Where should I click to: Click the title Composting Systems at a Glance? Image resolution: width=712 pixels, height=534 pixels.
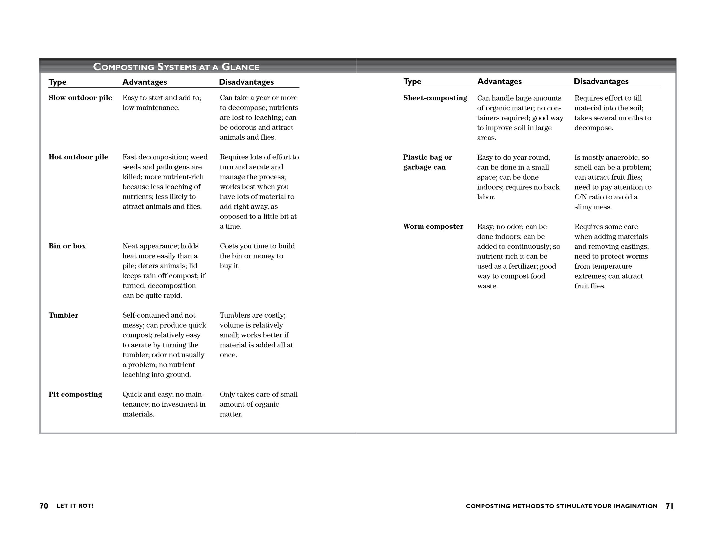coord(176,67)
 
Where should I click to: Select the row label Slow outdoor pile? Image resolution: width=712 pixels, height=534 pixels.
coord(80,98)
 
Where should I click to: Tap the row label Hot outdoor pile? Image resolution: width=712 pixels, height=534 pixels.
coord(78,157)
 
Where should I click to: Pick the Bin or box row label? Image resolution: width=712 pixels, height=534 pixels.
coord(67,246)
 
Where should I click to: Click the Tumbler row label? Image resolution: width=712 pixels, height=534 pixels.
coord(64,315)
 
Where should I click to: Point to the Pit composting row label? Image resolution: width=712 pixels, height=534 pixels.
coord(75,395)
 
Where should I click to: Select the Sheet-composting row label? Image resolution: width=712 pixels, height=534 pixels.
coord(435,98)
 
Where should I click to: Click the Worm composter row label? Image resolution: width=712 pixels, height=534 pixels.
coord(433,226)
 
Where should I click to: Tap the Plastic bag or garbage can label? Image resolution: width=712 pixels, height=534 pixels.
coord(427,162)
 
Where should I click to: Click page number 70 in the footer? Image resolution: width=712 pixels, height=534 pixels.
coord(44,506)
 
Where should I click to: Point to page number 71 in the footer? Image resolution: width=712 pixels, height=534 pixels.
coord(669,506)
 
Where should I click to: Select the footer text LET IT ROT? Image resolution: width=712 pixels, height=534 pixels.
coord(75,506)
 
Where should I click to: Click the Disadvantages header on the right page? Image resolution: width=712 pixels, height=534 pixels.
coord(601,81)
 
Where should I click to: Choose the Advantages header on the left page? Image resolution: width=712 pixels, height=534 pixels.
coord(145,82)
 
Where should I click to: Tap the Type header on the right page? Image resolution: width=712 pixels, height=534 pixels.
coord(412,81)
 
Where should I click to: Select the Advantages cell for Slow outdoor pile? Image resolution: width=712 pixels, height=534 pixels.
coord(162,103)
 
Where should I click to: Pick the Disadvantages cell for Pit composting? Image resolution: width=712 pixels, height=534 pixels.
coord(259,404)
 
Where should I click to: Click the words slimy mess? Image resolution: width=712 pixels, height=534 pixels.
coord(593,207)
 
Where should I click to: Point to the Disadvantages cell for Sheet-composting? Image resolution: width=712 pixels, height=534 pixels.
coord(613,113)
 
